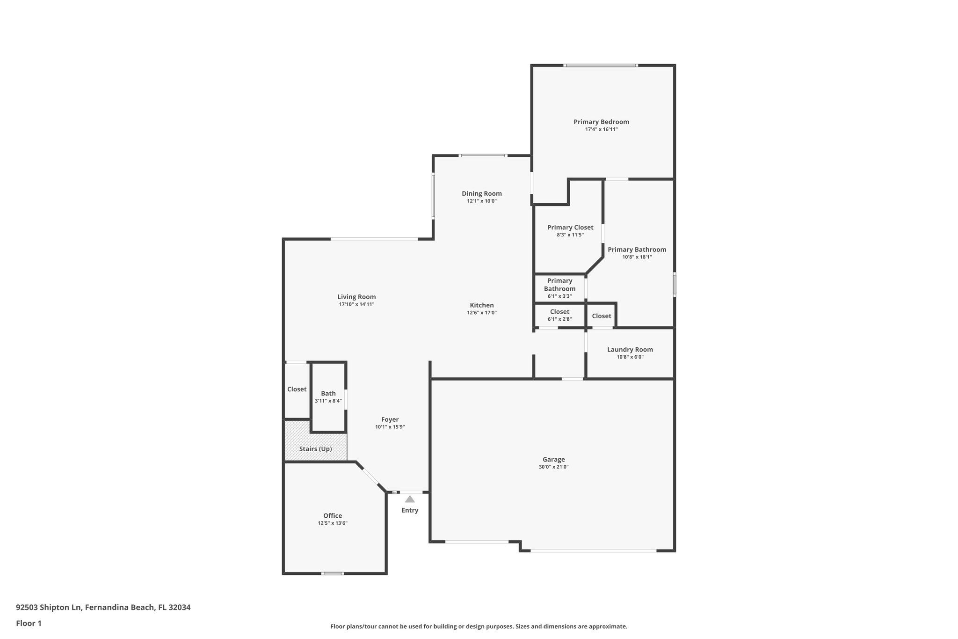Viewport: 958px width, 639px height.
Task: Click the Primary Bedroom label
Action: (x=601, y=122)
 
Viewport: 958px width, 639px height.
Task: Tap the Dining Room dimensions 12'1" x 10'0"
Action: (x=482, y=201)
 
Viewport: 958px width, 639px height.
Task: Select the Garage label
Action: (x=554, y=460)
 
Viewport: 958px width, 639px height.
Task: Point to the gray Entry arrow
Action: (x=410, y=499)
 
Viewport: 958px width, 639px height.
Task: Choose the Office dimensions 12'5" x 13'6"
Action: (x=333, y=523)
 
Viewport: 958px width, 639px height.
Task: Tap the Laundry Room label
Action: (x=630, y=350)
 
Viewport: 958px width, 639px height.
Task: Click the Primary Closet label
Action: (x=570, y=228)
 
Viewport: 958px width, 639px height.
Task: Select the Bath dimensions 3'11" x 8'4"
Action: (x=328, y=401)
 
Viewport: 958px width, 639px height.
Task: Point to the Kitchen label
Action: (x=482, y=305)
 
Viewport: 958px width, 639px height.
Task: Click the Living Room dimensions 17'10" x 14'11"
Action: (x=357, y=304)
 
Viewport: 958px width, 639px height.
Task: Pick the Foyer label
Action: (x=390, y=419)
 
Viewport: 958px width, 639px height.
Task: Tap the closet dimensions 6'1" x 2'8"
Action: (x=560, y=319)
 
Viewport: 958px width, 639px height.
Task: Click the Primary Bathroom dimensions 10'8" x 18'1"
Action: (x=637, y=257)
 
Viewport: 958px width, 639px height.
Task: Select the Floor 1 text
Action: (x=29, y=623)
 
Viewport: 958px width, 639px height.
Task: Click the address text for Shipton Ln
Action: (x=103, y=608)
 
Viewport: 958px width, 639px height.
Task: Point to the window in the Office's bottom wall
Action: (x=333, y=573)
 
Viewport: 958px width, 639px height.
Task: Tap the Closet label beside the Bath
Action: (x=297, y=389)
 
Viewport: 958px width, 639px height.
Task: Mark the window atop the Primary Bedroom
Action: (x=600, y=66)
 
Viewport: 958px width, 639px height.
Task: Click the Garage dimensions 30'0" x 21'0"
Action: (x=554, y=467)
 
